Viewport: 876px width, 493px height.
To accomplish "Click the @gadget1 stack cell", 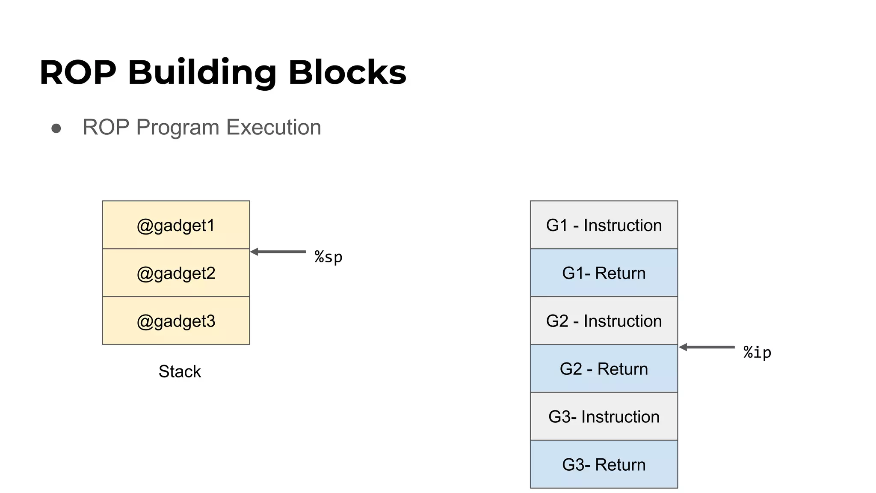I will point(176,225).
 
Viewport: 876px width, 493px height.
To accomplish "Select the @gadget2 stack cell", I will point(176,273).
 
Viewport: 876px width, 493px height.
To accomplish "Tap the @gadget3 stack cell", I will point(176,321).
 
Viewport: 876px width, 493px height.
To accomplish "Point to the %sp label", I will point(328,257).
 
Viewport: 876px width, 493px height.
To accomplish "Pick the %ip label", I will point(757,352).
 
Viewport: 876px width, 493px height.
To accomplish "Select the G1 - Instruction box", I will point(604,225).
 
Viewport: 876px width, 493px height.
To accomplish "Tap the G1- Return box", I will point(604,273).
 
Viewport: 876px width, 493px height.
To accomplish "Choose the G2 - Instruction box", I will point(604,321).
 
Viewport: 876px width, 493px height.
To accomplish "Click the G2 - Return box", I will point(604,369).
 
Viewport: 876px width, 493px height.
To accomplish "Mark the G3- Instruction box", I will point(604,417).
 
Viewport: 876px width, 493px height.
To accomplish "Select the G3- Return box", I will point(604,464).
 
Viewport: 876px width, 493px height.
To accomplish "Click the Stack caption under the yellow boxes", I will point(179,371).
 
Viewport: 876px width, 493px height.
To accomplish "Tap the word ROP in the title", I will point(78,72).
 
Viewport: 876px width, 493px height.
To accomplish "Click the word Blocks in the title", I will point(347,72).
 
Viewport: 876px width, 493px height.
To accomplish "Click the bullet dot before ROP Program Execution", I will point(56,128).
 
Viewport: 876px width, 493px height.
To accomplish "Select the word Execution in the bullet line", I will point(273,127).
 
